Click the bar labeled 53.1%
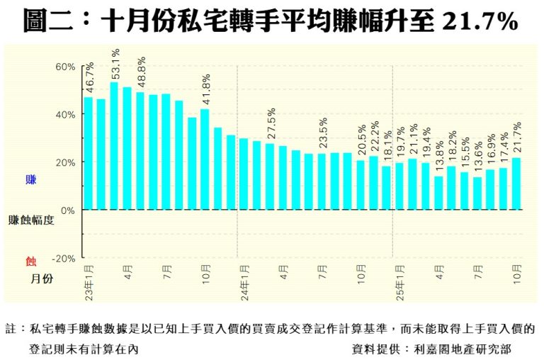(x=113, y=146)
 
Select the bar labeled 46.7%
(x=89, y=153)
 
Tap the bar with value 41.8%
(x=204, y=159)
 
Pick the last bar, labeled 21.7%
(x=516, y=184)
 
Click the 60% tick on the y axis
(x=65, y=67)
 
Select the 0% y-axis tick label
(x=68, y=210)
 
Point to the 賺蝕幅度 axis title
(x=30, y=220)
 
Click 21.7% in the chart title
(x=480, y=23)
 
